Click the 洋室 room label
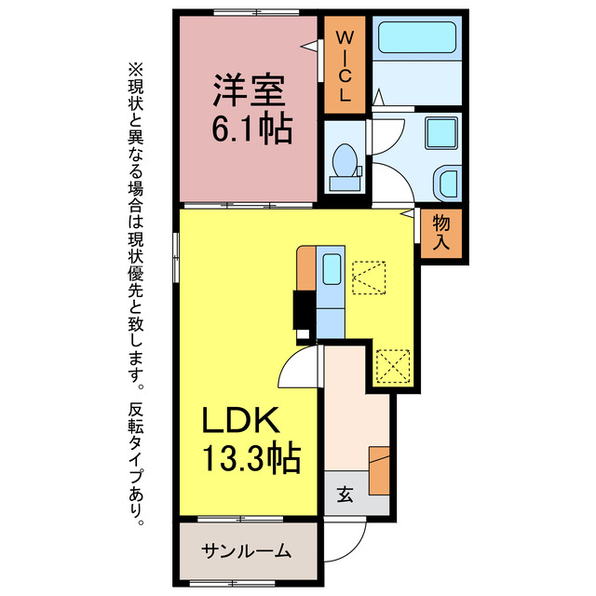[247, 93]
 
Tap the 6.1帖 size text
[251, 129]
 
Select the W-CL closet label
[344, 66]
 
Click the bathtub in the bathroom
[415, 39]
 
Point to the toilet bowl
[345, 162]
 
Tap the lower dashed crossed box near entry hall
[392, 366]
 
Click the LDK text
[242, 422]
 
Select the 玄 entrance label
[344, 494]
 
